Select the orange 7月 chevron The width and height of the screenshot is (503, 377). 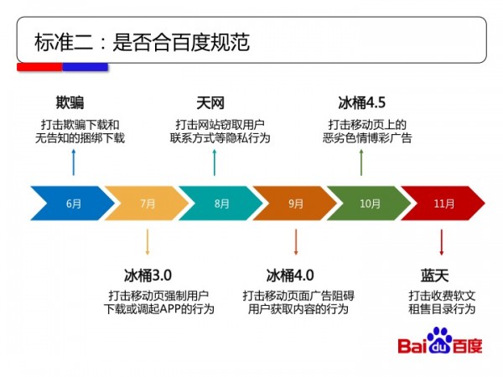[x=147, y=204]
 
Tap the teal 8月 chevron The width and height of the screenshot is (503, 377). [x=220, y=204]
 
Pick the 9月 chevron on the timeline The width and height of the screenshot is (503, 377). [x=295, y=204]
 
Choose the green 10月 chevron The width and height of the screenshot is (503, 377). [x=370, y=204]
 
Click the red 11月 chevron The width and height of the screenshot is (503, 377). [x=443, y=204]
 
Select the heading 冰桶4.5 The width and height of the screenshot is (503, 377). [x=361, y=104]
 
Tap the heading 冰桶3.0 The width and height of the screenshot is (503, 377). [x=148, y=275]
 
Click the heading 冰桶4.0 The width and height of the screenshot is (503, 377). [x=290, y=275]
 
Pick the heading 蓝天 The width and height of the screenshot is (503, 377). [x=439, y=275]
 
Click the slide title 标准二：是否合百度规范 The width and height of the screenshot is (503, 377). [x=143, y=42]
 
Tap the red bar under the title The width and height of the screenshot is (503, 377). [x=39, y=66]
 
